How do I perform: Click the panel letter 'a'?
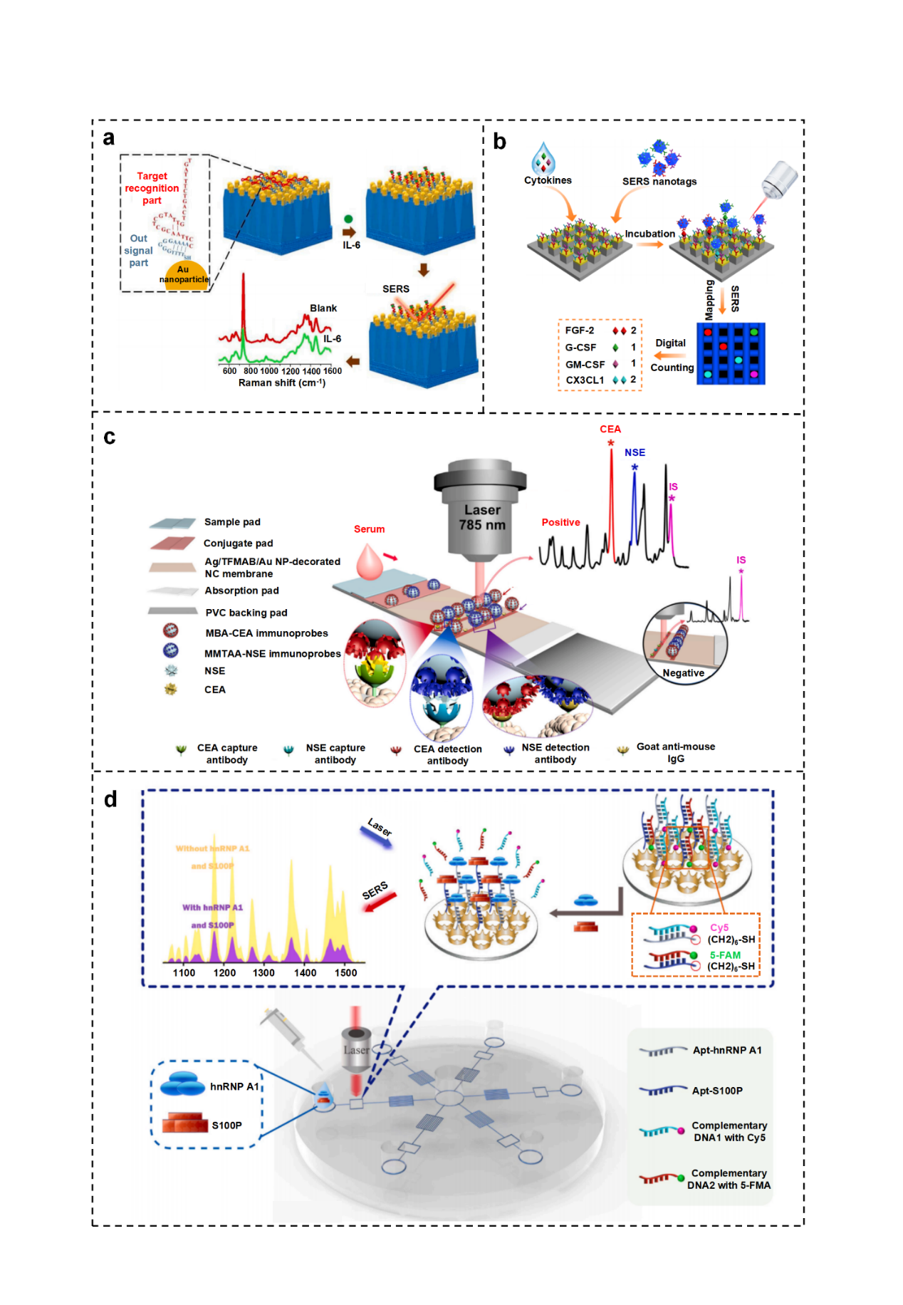108,137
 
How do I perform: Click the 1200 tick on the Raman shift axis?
291,371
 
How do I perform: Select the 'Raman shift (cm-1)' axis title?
282,383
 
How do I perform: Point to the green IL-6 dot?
348,219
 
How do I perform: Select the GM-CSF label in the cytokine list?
585,364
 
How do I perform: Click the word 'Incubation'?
649,234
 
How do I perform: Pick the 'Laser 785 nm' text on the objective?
482,518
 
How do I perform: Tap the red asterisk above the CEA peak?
611,444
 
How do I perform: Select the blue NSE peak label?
635,452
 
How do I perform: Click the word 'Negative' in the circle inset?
683,673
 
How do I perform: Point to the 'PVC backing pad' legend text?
246,613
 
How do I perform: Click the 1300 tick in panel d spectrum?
263,972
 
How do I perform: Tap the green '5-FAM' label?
725,955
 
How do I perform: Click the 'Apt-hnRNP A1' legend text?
727,1050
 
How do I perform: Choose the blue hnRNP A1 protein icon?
182,1085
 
